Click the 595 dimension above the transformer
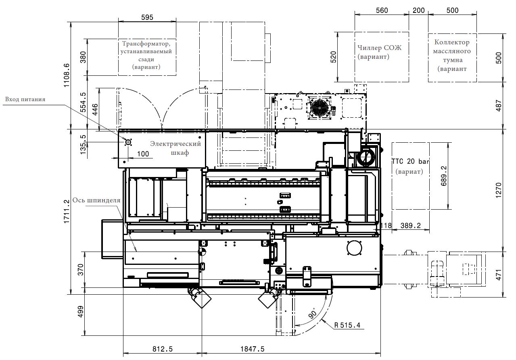(147, 17)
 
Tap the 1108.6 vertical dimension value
(66, 75)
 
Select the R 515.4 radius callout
(347, 325)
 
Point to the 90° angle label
(313, 313)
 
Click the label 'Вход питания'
(25, 99)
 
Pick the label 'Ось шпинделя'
(96, 200)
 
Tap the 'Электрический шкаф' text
(175, 148)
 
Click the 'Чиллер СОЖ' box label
(379, 48)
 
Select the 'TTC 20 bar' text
(411, 161)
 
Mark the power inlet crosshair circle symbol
(128, 142)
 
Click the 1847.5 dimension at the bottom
(253, 349)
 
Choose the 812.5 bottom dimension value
(163, 349)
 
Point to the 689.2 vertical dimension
(444, 176)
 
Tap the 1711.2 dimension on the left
(66, 211)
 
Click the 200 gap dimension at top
(418, 10)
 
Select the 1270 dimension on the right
(498, 190)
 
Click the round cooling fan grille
(320, 108)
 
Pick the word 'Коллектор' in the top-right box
(452, 42)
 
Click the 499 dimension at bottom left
(80, 312)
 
